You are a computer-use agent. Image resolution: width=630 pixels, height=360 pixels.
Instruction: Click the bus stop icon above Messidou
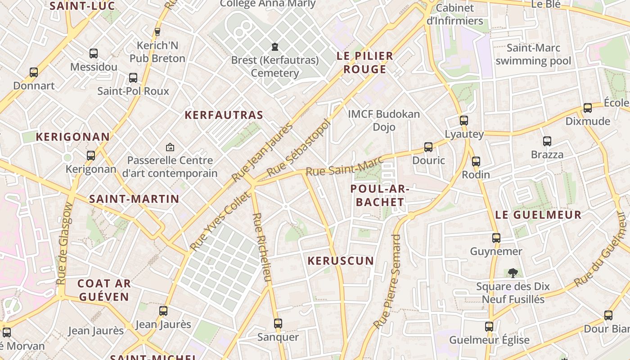[94, 54]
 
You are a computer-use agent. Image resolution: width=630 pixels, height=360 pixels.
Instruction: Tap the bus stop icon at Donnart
[34, 72]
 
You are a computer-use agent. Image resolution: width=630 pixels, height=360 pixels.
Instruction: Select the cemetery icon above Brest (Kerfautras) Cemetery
[274, 46]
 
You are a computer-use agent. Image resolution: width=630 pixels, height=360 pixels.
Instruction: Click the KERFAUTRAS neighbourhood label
[224, 115]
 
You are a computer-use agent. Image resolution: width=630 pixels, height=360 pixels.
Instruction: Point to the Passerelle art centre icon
[170, 147]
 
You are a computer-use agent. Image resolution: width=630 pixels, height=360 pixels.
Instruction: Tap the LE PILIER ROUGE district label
[365, 63]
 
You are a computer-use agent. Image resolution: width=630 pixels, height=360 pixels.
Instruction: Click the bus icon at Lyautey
[464, 121]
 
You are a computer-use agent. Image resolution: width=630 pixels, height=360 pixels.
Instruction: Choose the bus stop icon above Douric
[428, 147]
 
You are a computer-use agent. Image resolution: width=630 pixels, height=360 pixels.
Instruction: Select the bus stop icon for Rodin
[476, 162]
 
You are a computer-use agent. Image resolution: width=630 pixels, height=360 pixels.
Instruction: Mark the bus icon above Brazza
[547, 141]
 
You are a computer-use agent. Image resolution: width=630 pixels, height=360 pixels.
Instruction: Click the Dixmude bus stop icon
[588, 108]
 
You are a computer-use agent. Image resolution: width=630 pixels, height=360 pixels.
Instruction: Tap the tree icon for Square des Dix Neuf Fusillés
[513, 273]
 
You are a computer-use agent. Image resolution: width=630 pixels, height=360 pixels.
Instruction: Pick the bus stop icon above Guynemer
[496, 238]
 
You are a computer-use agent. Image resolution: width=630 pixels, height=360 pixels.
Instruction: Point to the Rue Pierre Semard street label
[387, 281]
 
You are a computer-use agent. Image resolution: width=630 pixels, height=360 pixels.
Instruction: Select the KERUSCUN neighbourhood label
[341, 261]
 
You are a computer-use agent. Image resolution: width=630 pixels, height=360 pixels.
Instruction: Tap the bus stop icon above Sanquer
[278, 324]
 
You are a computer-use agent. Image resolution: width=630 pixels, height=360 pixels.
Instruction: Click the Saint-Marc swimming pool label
[533, 54]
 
